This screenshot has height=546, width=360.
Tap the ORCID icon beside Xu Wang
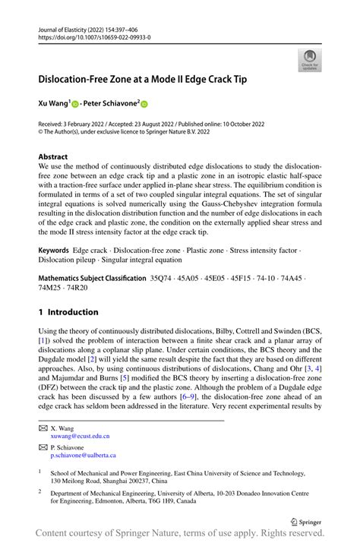click(x=77, y=103)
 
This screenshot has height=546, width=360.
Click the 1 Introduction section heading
click(x=68, y=312)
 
